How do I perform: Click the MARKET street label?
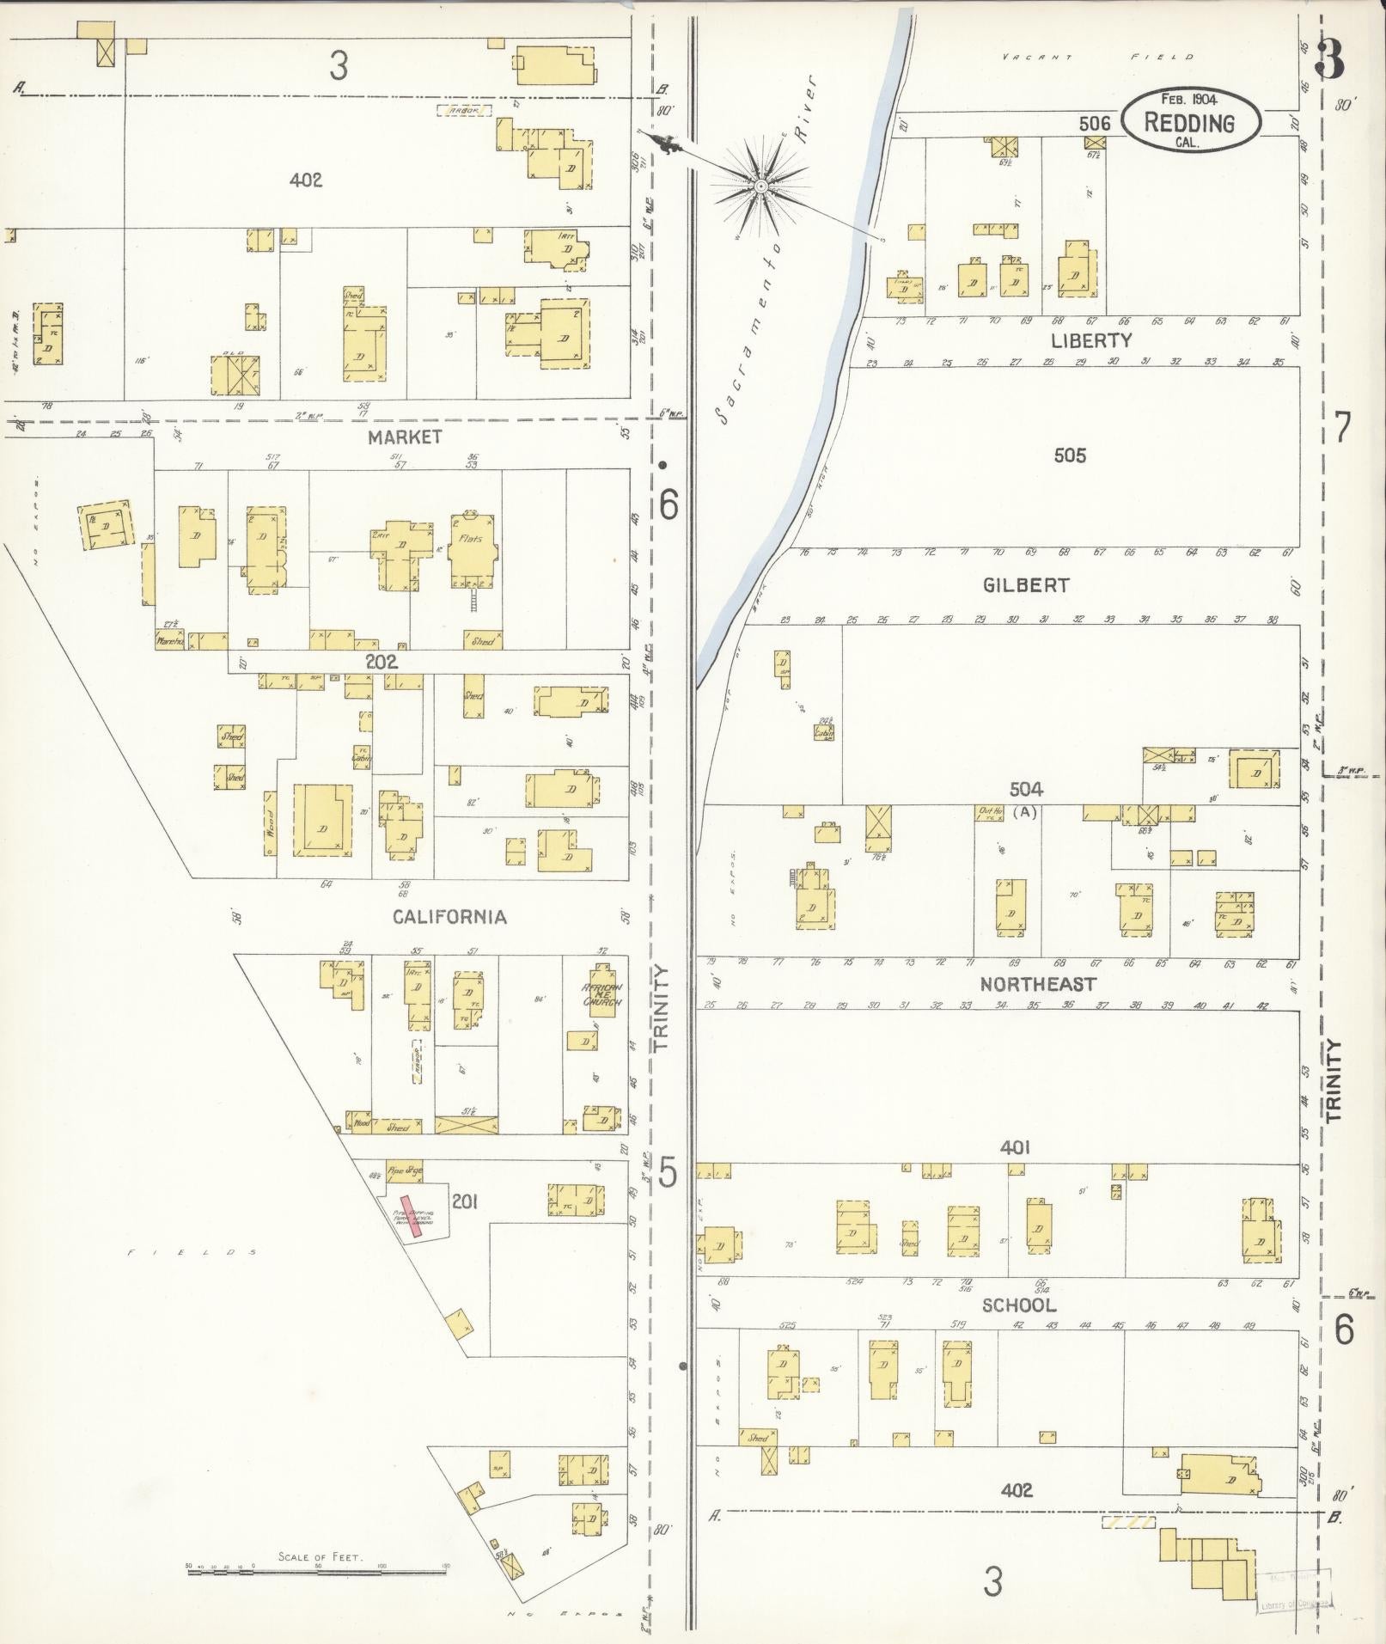(x=404, y=437)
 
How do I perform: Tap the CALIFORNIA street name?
(x=449, y=917)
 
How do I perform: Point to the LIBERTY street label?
(x=1090, y=340)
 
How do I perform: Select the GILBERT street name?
(x=1026, y=585)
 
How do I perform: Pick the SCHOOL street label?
(x=1019, y=1305)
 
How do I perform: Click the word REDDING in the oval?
(x=1189, y=123)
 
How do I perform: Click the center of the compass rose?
(x=760, y=185)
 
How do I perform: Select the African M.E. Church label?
(x=602, y=995)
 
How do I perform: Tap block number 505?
(x=1069, y=455)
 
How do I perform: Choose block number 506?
(x=1095, y=124)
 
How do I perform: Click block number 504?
(x=1026, y=789)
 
